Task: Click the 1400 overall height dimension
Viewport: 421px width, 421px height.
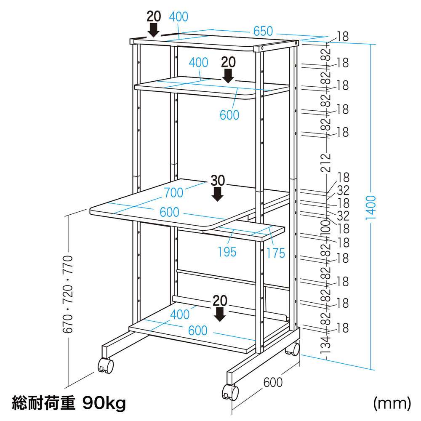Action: (371, 207)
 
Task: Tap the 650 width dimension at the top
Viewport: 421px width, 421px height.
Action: (263, 32)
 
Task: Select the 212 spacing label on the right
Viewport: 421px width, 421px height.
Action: (326, 163)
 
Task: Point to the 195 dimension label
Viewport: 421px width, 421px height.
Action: (227, 252)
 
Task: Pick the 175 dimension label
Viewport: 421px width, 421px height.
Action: (276, 253)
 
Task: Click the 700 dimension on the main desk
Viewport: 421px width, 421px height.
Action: (174, 192)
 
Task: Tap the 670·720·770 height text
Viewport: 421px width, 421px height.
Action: (68, 294)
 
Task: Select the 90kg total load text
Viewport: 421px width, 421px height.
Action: (104, 403)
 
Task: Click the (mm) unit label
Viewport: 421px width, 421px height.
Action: (392, 403)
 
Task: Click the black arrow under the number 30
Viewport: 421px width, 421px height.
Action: (218, 194)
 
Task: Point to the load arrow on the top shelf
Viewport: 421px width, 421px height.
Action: (154, 29)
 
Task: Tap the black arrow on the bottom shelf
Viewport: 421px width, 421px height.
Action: (220, 314)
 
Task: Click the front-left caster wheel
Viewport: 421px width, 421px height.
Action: (106, 366)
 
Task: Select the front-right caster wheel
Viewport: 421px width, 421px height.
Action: (230, 392)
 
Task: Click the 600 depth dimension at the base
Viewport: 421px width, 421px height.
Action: (273, 382)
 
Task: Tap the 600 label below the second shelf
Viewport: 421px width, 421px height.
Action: (229, 115)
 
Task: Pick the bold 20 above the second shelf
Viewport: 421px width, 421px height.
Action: (229, 62)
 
